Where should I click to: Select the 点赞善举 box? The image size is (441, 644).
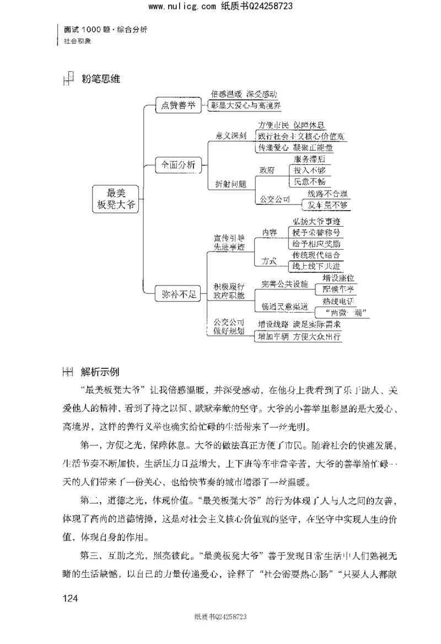[178, 106]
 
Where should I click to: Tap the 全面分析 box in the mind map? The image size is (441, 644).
[178, 164]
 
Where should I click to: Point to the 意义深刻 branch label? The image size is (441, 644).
[230, 135]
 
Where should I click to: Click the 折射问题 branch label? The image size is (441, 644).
[230, 184]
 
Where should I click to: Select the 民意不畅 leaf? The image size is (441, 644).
[310, 181]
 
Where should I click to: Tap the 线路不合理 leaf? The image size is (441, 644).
[329, 194]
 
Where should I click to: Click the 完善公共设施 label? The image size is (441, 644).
[285, 284]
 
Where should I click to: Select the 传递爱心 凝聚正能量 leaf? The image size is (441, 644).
[295, 148]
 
